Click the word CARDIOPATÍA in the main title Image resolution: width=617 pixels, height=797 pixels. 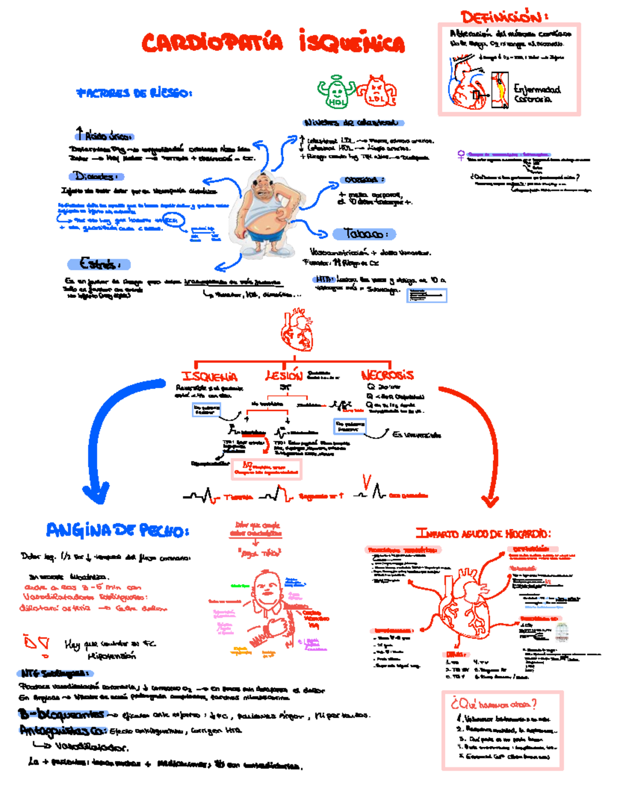212,43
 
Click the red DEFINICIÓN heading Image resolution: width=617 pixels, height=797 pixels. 503,17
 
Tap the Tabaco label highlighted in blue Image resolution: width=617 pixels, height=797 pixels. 364,234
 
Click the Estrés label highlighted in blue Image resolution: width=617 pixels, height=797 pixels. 99,264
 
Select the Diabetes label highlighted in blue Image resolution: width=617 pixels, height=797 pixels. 96,176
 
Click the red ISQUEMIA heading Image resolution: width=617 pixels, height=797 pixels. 210,376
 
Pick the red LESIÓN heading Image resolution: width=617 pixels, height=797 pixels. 284,375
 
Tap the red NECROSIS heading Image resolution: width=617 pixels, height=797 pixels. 387,375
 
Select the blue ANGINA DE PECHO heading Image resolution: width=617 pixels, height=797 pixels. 117,530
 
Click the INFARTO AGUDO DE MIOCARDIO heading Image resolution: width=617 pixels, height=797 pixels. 483,534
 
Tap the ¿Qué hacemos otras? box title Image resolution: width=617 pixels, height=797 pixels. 494,704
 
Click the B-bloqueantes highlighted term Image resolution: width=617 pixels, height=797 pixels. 62,714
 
